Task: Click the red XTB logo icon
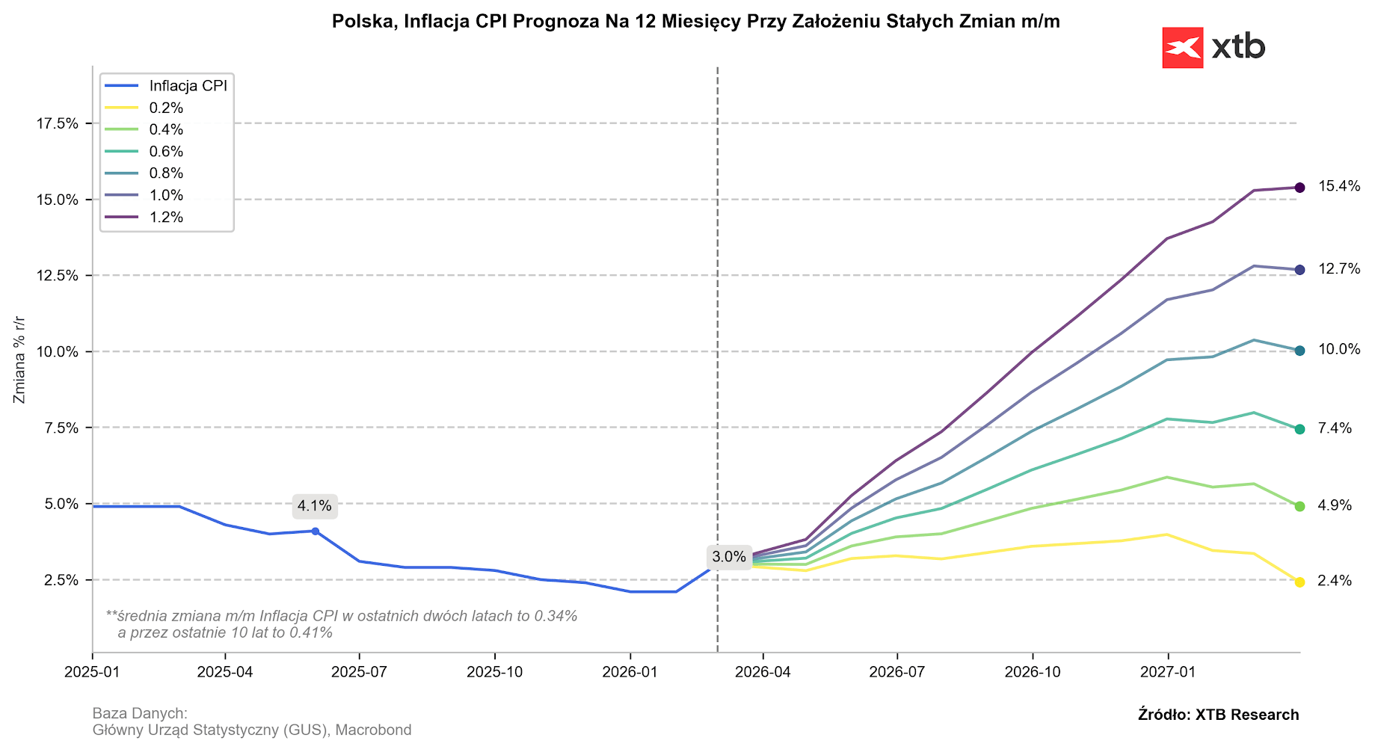(x=1182, y=48)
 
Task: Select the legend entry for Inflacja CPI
(x=188, y=85)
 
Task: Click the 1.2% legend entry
(x=166, y=218)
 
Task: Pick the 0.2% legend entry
(x=166, y=108)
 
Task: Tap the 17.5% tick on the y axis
(x=58, y=123)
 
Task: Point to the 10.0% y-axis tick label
(x=58, y=351)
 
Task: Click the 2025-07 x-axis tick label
(x=359, y=671)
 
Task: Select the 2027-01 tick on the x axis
(x=1167, y=671)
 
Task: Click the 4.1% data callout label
(x=314, y=506)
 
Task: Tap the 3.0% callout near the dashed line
(x=729, y=557)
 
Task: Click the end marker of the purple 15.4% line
(x=1299, y=188)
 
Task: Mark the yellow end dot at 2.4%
(x=1299, y=582)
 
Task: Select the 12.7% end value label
(x=1339, y=269)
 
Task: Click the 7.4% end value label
(x=1335, y=428)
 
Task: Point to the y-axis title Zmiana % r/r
(x=20, y=360)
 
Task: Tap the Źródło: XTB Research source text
(x=1218, y=715)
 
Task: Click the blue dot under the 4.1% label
(x=315, y=531)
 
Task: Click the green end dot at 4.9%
(x=1299, y=506)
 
